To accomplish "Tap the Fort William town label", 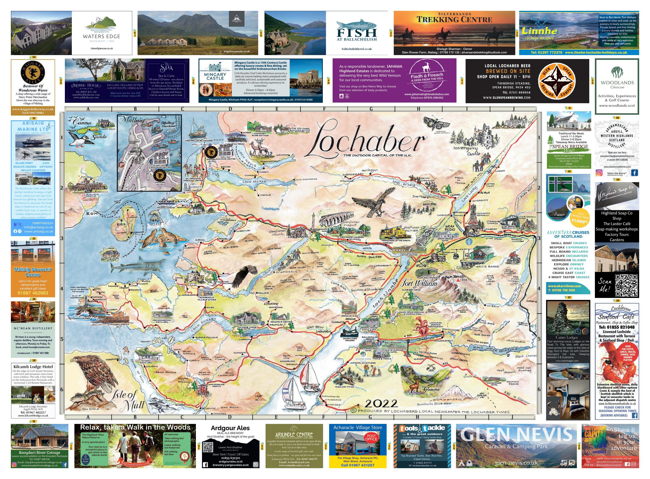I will click(419, 283).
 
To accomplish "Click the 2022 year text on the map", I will click(381, 403).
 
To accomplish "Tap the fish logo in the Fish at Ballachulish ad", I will click(356, 25).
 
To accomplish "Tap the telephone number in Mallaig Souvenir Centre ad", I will click(33, 293).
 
